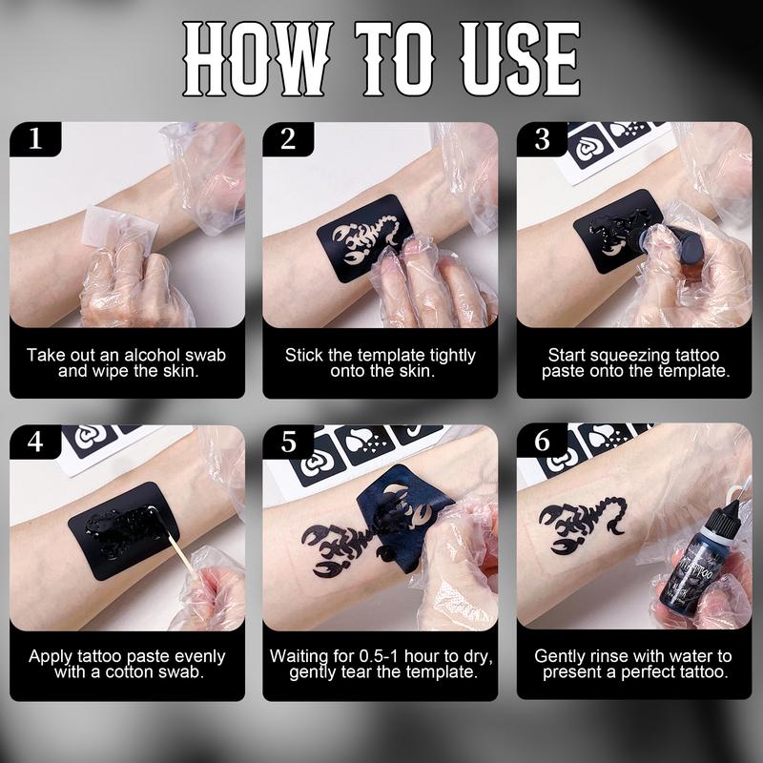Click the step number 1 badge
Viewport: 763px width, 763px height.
(x=35, y=138)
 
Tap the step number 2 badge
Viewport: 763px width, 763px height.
(x=288, y=138)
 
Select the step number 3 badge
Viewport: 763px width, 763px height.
(x=542, y=138)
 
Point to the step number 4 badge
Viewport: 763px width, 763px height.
(x=35, y=442)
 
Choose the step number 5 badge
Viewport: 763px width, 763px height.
(x=288, y=442)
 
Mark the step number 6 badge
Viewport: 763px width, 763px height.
(x=542, y=441)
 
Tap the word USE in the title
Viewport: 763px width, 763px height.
(x=520, y=58)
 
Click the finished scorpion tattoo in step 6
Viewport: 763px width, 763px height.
(x=582, y=525)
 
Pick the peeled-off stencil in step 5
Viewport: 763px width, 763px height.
(x=403, y=517)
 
